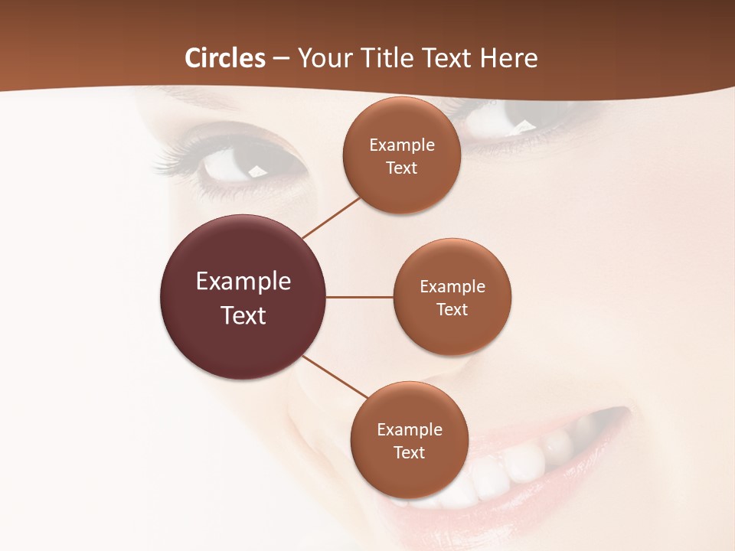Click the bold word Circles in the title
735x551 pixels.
tap(224, 58)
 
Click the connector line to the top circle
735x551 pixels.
tap(332, 217)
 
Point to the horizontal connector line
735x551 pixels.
tap(359, 297)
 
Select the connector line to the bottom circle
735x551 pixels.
tap(335, 377)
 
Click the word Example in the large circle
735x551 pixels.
tap(243, 282)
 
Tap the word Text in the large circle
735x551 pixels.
tap(243, 315)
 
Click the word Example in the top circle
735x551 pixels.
tap(402, 145)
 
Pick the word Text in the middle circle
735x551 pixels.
tap(452, 309)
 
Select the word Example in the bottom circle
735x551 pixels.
tap(410, 430)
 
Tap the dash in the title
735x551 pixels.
tap(281, 58)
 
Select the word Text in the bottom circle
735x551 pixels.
tap(409, 453)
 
